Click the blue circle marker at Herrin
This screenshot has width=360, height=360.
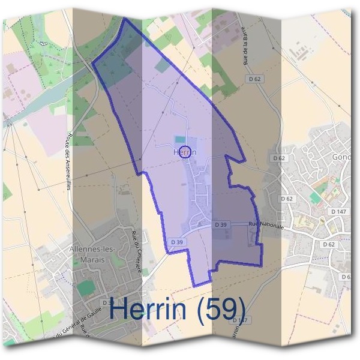(185, 152)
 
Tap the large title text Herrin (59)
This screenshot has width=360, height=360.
(178, 308)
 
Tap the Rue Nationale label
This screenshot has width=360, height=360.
(265, 225)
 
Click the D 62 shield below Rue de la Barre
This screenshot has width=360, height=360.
(254, 79)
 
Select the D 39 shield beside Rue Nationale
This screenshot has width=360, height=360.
(221, 224)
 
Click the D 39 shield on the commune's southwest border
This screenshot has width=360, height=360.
(176, 242)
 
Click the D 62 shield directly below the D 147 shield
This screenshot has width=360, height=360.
(328, 245)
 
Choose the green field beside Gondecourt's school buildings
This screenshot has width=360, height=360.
(316, 197)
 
